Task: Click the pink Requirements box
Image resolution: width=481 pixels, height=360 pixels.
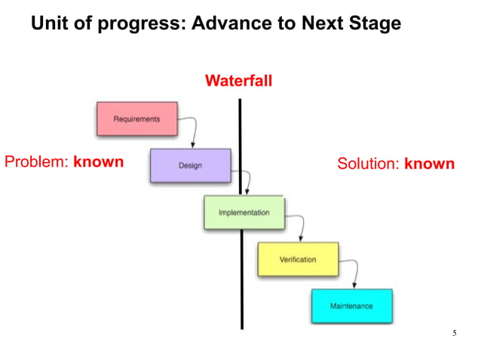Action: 136,119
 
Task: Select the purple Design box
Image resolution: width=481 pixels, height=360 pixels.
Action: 190,166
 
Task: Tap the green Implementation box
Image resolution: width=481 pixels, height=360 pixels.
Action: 244,212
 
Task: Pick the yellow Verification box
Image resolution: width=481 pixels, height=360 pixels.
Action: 298,259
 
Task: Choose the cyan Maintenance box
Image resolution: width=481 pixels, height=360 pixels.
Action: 351,306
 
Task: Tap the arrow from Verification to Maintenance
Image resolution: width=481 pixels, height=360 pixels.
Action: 353,271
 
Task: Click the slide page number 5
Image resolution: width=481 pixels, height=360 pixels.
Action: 454,333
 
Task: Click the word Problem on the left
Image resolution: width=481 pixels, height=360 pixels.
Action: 36,162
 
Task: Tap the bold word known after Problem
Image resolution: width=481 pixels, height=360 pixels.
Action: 98,162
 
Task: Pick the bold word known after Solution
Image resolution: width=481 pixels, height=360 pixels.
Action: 429,164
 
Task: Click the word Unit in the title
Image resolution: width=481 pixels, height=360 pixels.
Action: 47,24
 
